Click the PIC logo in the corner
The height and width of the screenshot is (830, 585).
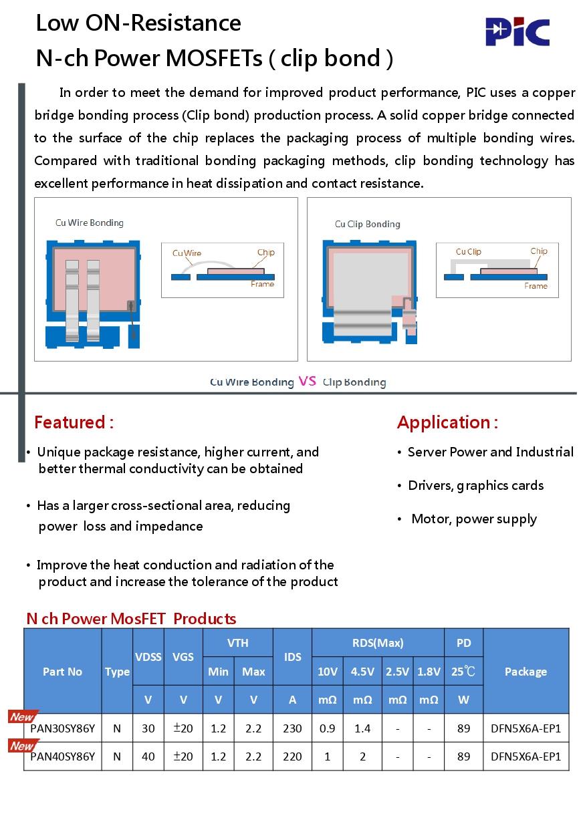click(517, 32)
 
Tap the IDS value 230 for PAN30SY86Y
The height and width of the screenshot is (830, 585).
click(292, 728)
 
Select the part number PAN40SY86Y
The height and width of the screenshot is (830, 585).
click(63, 756)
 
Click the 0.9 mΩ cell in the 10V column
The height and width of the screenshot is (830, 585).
click(327, 728)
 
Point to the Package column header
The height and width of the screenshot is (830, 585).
click(525, 672)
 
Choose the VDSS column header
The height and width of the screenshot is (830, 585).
click(148, 657)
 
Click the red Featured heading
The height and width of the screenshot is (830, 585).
click(74, 422)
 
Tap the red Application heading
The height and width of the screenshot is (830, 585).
click(447, 422)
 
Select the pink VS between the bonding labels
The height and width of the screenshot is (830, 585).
click(308, 382)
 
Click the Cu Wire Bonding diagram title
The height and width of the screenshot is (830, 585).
click(90, 223)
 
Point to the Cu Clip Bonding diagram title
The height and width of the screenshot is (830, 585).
click(368, 224)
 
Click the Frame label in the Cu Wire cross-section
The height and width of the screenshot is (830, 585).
click(263, 284)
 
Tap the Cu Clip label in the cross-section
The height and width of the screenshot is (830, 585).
click(468, 251)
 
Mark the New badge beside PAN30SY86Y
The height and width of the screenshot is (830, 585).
click(23, 717)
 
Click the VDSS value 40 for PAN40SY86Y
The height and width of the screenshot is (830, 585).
click(148, 756)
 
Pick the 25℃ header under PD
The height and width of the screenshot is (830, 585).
click(463, 672)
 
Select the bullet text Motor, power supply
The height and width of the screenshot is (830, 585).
click(474, 519)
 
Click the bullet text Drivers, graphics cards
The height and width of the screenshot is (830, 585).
click(475, 486)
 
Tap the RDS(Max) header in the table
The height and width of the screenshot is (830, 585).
click(378, 643)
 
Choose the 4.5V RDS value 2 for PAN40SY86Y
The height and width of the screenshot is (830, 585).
click(362, 756)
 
